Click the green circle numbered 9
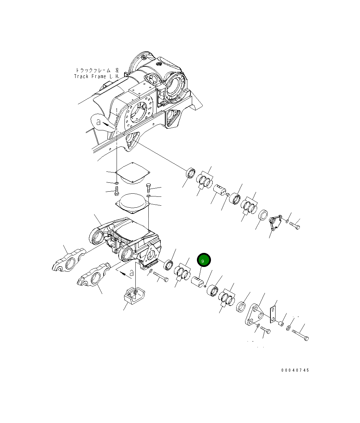(204, 260)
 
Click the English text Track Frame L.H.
(96, 76)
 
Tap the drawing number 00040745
(295, 370)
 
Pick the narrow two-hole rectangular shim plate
(273, 314)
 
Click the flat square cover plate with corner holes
(133, 172)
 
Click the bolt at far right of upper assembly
(295, 226)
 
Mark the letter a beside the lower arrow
(131, 273)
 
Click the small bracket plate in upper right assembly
(275, 223)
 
